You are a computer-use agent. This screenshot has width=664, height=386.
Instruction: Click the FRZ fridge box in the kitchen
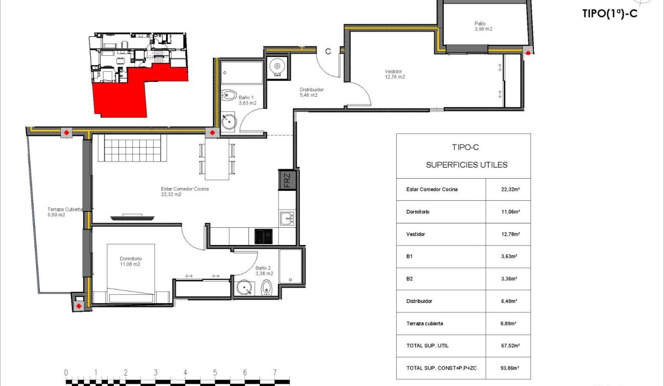coord(287,180)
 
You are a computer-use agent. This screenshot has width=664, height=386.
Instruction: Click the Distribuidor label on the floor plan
coord(312,92)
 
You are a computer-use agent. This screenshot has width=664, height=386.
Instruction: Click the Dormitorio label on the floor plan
coord(131,261)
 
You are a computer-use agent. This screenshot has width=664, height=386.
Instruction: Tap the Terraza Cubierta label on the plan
coord(64,212)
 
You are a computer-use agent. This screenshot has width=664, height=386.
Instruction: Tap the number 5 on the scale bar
coord(215,372)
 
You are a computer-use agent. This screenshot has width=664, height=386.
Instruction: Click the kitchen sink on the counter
coord(287,219)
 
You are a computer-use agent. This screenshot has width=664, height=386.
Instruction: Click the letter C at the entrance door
coord(328,51)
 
